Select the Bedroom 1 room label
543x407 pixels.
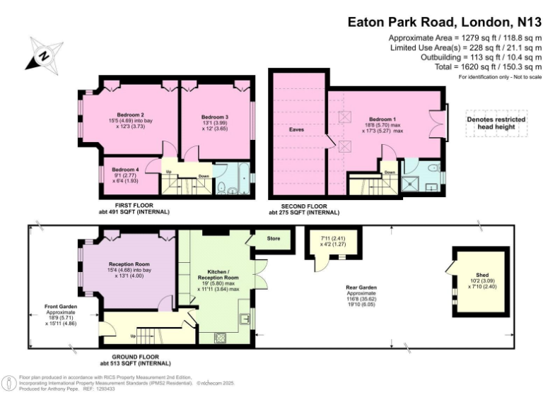[x=382, y=120]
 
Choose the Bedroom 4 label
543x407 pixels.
[x=126, y=170]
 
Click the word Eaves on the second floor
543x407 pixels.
[x=296, y=129]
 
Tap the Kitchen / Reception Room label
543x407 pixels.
[x=223, y=275]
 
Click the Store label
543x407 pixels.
[x=273, y=239]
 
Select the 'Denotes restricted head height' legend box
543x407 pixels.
[x=496, y=124]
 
